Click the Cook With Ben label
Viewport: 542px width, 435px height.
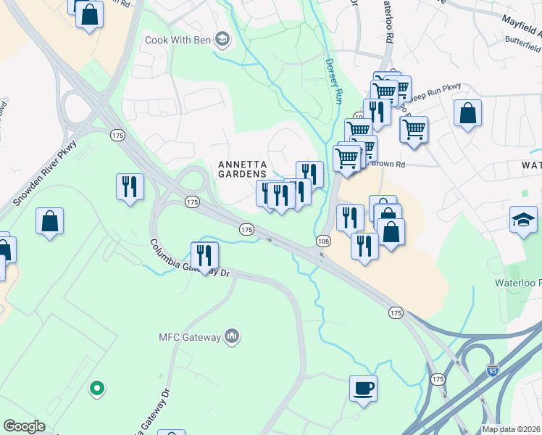[x=177, y=39]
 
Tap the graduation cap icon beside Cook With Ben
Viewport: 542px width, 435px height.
[x=222, y=39]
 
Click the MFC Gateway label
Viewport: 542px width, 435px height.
[x=191, y=336]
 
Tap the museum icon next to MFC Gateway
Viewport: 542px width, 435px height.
[x=233, y=336]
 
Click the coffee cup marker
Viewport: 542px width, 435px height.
[x=363, y=387]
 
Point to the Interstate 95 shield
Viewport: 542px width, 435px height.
[x=493, y=371]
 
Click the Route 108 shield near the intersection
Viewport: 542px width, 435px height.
[x=323, y=240]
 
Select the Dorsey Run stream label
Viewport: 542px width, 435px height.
[x=334, y=80]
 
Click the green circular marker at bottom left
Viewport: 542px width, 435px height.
[x=96, y=389]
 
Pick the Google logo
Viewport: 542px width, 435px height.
[x=24, y=426]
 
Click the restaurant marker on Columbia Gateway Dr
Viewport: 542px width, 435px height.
[x=204, y=255]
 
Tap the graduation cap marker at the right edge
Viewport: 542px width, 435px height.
[x=523, y=218]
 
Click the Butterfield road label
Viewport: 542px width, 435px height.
[x=523, y=45]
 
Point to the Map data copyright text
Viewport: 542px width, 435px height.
[x=512, y=429]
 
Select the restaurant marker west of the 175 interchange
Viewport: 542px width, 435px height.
[x=130, y=186]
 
